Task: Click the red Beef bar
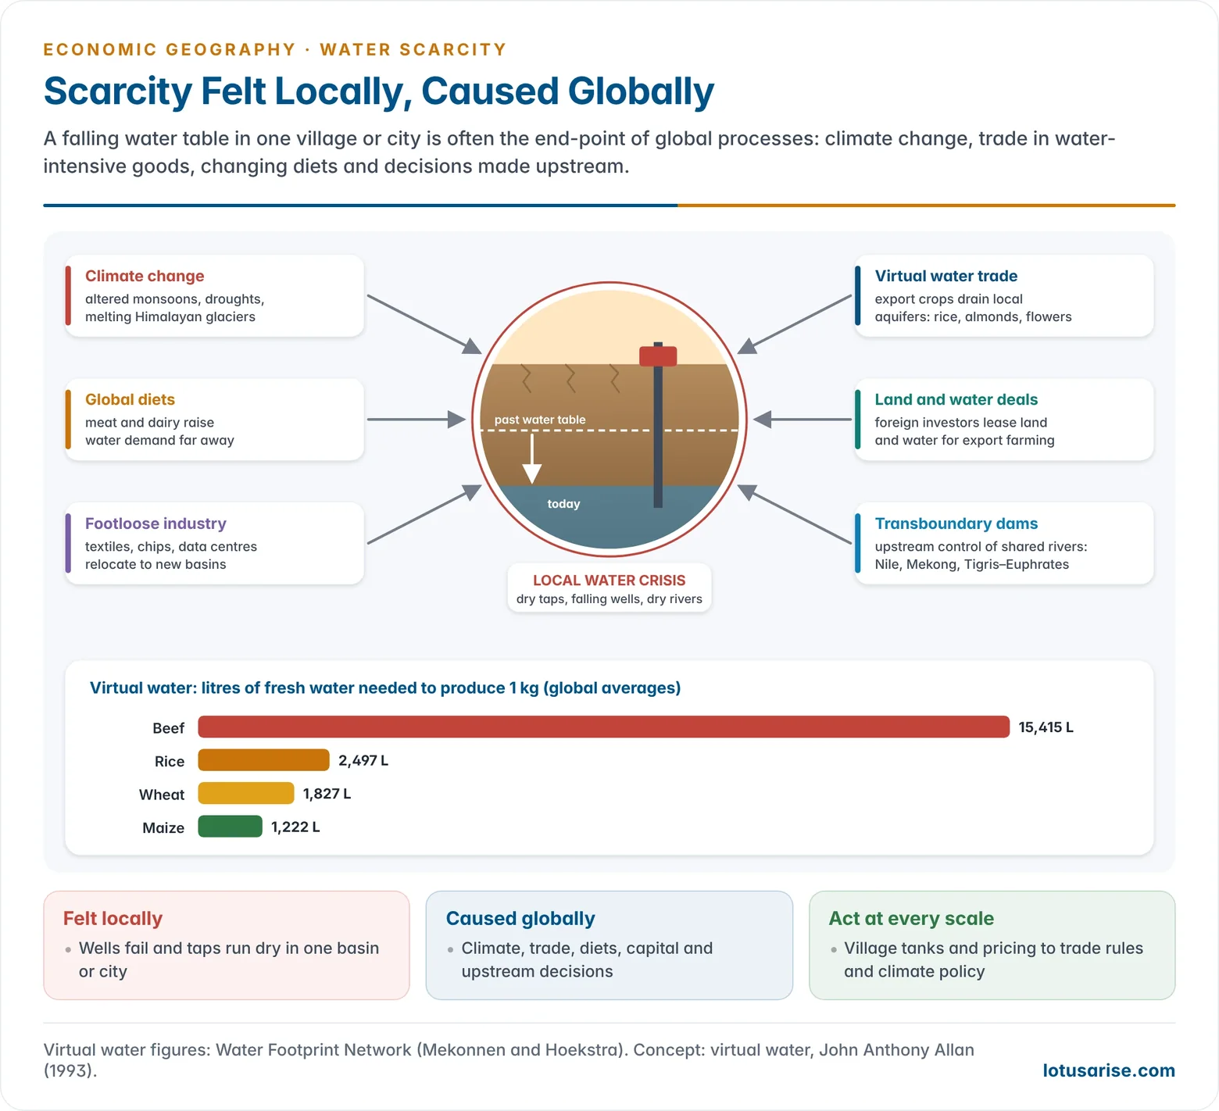[x=603, y=727]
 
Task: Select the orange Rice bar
[x=263, y=760]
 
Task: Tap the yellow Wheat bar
[x=246, y=793]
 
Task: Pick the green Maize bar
[x=230, y=827]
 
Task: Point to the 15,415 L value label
[x=1046, y=727]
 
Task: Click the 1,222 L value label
[x=295, y=827]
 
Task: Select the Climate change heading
[x=145, y=276]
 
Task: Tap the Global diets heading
[x=130, y=399]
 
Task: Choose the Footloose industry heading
[x=156, y=523]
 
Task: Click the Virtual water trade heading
[x=946, y=276]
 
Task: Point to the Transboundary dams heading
[x=956, y=523]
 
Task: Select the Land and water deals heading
[x=956, y=399]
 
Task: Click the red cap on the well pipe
[x=658, y=356]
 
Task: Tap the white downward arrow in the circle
[x=532, y=459]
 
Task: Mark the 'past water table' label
[x=540, y=420]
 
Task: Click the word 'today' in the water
[x=563, y=504]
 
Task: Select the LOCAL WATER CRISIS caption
[x=609, y=581]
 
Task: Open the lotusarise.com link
[x=1109, y=1070]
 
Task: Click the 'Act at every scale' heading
[x=911, y=918]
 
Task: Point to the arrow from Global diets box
[x=416, y=420]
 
